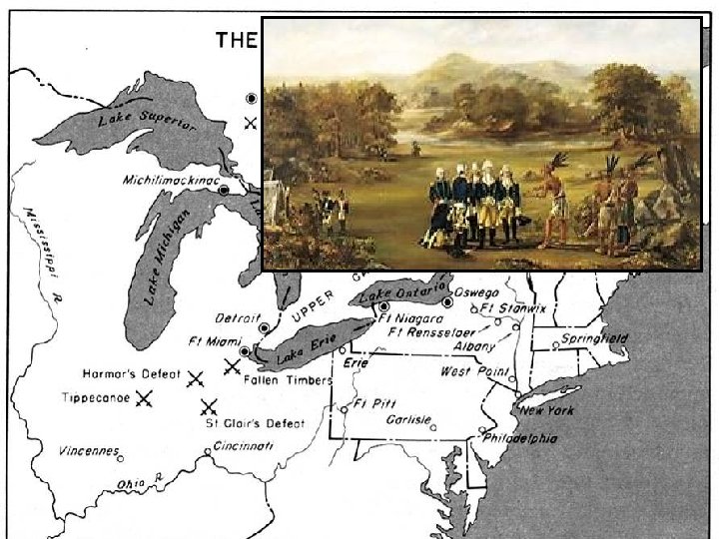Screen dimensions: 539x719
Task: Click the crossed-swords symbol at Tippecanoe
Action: click(145, 397)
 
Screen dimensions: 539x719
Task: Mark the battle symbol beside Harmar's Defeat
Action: click(195, 378)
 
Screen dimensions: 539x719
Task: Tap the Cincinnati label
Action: click(243, 446)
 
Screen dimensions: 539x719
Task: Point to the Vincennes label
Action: click(88, 449)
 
